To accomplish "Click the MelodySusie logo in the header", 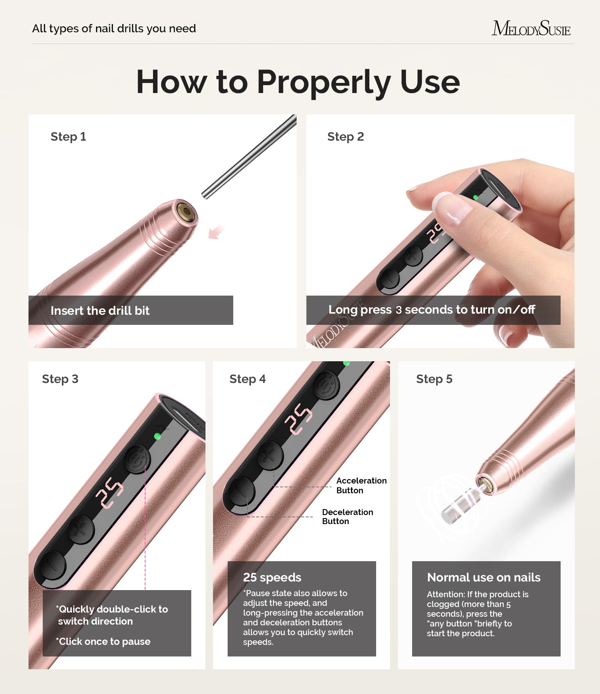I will [x=531, y=29].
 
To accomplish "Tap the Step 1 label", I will [x=68, y=137].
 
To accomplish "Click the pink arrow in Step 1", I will [x=216, y=232].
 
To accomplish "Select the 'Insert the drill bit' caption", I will [x=100, y=311].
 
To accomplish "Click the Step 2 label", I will [x=345, y=137].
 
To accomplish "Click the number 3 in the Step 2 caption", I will [x=399, y=310].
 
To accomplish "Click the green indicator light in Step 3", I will [x=158, y=436].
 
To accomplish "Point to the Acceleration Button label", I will [x=361, y=485].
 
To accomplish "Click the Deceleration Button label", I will [x=347, y=517].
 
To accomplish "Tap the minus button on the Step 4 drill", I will [x=242, y=491].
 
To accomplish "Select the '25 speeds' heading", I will [x=272, y=577].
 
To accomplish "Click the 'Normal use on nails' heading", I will [x=484, y=577].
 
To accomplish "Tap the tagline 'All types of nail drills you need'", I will [x=114, y=29].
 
